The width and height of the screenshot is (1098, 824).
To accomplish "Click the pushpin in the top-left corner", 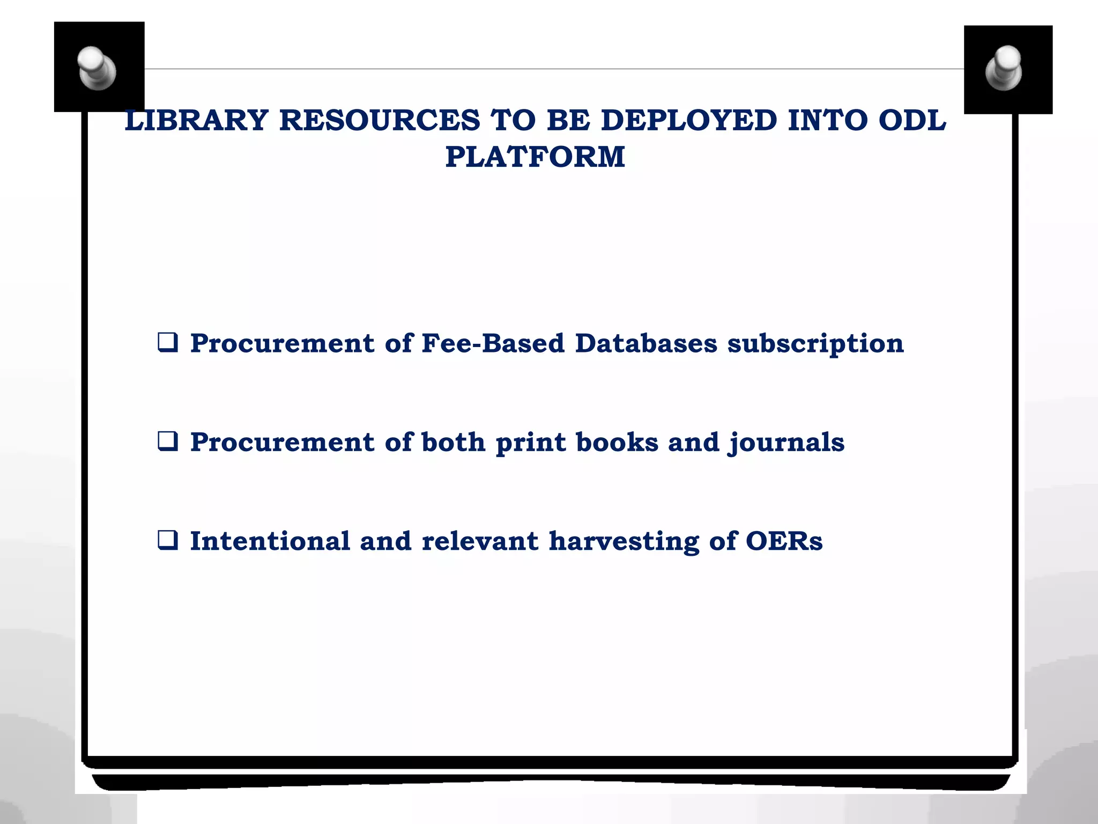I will pyautogui.click(x=97, y=68).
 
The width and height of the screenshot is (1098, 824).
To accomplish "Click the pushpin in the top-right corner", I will pyautogui.click(x=1004, y=68).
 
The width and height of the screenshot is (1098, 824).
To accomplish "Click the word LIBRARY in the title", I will pyautogui.click(x=196, y=120).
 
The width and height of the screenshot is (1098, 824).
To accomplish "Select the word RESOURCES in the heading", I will pyautogui.click(x=380, y=120).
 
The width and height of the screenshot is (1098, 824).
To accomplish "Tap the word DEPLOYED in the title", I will pyautogui.click(x=689, y=120).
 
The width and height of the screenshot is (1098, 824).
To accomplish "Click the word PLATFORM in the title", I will pyautogui.click(x=535, y=157).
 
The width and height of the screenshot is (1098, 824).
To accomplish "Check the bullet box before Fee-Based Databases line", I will pyautogui.click(x=168, y=342).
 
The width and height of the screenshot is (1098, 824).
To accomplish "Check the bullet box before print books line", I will pyautogui.click(x=168, y=441).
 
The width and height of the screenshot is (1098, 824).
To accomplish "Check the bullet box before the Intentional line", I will pyautogui.click(x=168, y=540).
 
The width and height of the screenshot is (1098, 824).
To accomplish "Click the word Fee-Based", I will pyautogui.click(x=493, y=343).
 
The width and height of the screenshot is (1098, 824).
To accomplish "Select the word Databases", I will pyautogui.click(x=646, y=343).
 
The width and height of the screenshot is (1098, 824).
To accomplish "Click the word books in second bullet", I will pyautogui.click(x=617, y=442).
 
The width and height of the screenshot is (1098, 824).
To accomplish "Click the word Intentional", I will pyautogui.click(x=270, y=541).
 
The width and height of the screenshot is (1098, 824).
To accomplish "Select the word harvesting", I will pyautogui.click(x=624, y=542).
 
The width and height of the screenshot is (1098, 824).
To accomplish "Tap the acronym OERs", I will pyautogui.click(x=784, y=541).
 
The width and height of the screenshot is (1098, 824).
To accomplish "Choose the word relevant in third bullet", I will pyautogui.click(x=480, y=541).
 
